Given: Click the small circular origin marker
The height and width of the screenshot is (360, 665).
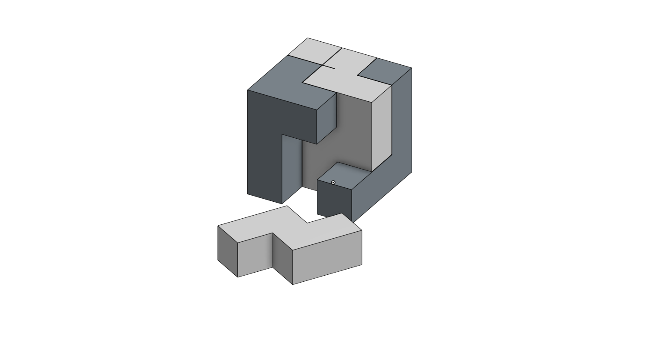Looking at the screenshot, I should [x=333, y=183].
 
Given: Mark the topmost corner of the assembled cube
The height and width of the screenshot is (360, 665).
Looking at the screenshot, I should [x=308, y=38].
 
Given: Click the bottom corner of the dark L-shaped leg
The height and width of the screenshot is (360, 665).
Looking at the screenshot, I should [x=282, y=203].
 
